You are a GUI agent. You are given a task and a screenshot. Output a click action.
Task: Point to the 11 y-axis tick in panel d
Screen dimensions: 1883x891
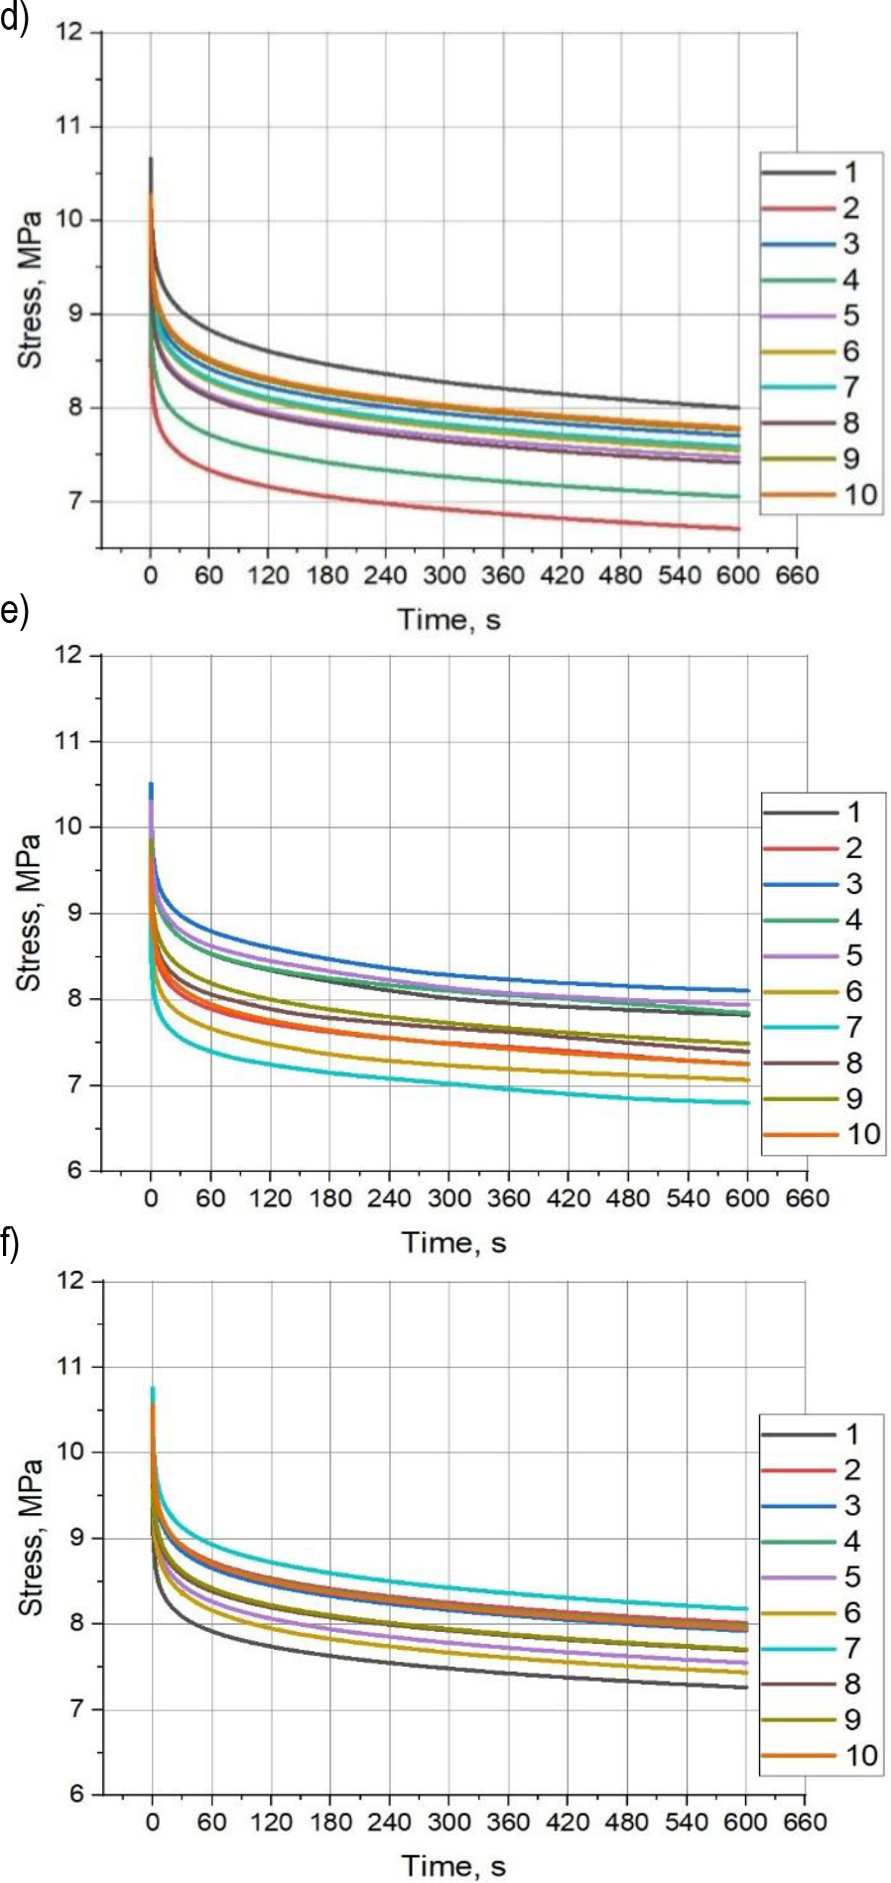(73, 127)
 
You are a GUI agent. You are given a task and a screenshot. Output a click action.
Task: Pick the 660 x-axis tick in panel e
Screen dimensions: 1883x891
(807, 1198)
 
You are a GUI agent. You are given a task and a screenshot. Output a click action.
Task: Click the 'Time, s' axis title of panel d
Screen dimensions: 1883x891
(448, 620)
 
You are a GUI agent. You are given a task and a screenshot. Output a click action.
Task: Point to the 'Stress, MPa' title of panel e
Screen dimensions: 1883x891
(31, 913)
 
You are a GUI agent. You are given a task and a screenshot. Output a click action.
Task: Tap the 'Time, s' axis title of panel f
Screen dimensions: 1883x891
(452, 1866)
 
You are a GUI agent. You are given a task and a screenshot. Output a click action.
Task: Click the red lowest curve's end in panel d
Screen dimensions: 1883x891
(739, 529)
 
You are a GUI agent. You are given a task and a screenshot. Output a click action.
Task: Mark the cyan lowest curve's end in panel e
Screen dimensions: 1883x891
(747, 1102)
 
